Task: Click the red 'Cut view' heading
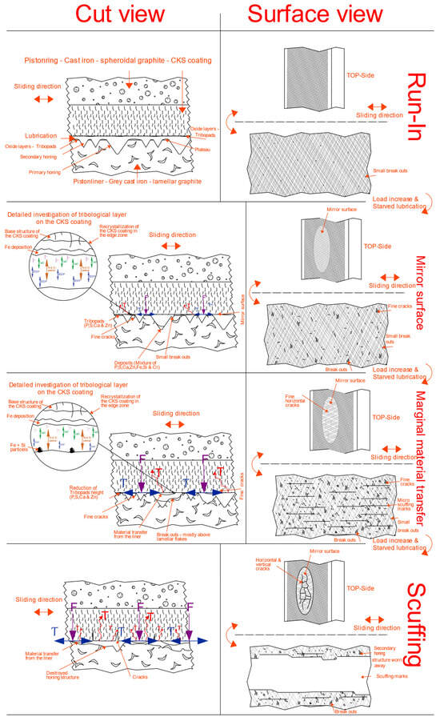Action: (x=110, y=14)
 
